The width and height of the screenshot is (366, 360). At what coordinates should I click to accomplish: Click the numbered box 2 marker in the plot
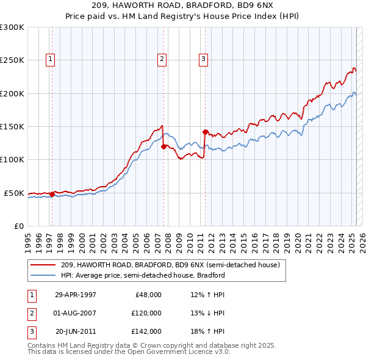tap(162, 59)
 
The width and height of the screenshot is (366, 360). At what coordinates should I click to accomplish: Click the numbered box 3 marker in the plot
tap(203, 59)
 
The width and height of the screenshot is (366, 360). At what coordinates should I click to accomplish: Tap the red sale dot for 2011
tap(205, 131)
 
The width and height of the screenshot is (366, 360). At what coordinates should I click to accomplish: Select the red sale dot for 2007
tap(163, 146)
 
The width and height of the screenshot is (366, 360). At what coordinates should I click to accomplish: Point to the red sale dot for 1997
tap(52, 194)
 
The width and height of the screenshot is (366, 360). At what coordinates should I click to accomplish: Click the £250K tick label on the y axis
tap(12, 60)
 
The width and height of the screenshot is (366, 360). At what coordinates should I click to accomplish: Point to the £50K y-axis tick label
tap(14, 193)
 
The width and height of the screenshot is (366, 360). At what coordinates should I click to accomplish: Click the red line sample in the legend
tap(43, 265)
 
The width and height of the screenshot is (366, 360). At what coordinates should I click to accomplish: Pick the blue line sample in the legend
tap(43, 275)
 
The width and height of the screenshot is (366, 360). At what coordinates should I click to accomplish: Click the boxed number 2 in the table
tap(31, 313)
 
